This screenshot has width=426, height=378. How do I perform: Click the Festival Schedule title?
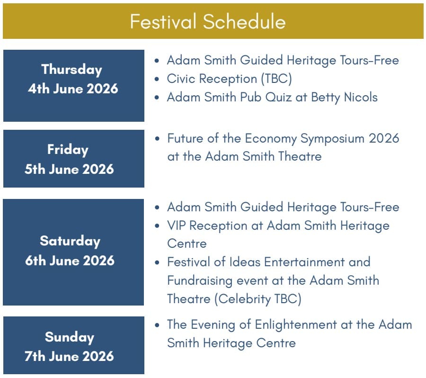tap(208, 21)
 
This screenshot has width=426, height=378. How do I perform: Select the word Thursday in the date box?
tap(72, 70)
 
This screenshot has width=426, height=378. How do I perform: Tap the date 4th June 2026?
tap(73, 89)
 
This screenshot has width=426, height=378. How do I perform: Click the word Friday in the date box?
tap(68, 150)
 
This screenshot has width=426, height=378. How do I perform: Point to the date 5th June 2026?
tap(69, 169)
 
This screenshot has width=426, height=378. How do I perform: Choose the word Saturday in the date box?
tap(70, 241)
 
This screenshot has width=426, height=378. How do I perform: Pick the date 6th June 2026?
tap(70, 260)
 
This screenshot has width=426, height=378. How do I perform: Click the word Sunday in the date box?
tap(70, 337)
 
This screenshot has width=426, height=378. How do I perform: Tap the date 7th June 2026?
tap(69, 356)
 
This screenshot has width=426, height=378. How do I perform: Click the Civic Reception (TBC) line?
tap(229, 79)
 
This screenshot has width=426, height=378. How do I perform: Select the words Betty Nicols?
tap(344, 98)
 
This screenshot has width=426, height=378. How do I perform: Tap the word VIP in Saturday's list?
tap(177, 225)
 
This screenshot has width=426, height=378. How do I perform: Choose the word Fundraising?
tap(200, 280)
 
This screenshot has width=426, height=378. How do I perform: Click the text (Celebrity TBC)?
tap(258, 299)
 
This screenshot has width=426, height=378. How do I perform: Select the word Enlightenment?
tap(296, 325)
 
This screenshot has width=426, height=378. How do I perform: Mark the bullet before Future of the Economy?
tap(157, 138)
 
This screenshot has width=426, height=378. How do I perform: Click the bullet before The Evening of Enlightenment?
tap(157, 324)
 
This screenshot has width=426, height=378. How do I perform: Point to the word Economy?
tap(271, 139)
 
